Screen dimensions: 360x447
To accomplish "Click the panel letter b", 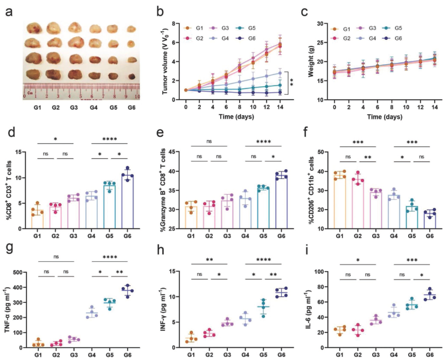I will click(x=160, y=10).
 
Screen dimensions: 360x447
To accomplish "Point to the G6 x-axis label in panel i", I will click(x=429, y=352).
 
